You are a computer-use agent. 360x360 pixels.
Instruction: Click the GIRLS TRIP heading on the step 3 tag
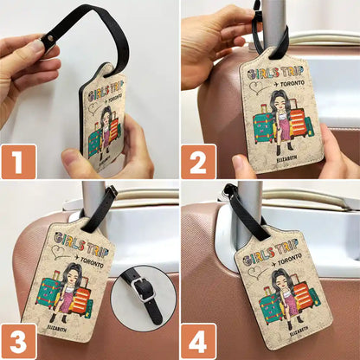pos(76,241)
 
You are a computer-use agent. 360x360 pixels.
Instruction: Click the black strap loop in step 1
pos(91,30)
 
